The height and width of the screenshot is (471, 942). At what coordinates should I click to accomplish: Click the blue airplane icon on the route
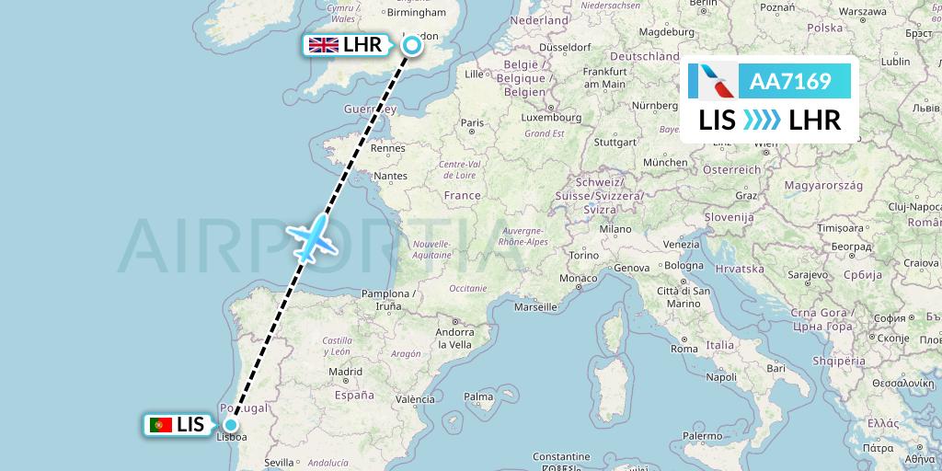coord(313,237)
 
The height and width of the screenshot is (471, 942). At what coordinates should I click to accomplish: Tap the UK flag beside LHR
coord(323,45)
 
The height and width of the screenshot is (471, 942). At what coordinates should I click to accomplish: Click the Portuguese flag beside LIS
coord(160,425)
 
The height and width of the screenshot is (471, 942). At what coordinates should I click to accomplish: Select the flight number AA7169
coord(790,82)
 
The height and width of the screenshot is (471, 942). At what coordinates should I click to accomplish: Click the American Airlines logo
coord(713,82)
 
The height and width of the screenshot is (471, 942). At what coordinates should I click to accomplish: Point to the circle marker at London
coord(411,44)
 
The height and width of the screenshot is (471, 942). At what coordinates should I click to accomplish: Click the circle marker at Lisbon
coord(229,425)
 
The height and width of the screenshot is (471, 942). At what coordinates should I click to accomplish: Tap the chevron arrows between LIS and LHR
coord(761,120)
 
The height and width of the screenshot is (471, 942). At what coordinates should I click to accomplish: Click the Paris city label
coord(472,122)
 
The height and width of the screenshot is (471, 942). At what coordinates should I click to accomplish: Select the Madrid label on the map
coord(345,372)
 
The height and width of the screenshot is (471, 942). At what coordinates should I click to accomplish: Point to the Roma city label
coord(684,349)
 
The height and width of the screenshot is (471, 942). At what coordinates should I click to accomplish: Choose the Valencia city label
coord(415,398)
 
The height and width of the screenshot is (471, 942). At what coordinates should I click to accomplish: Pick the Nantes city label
coord(390,176)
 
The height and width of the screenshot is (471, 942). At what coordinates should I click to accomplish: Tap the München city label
coord(665,162)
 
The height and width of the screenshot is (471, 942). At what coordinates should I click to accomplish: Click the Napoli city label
coord(721,376)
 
